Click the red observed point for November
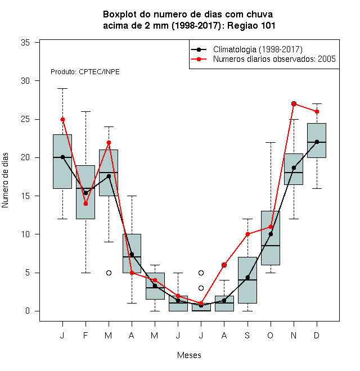[294, 103]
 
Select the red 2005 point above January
[63, 120]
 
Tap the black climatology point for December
[317, 142]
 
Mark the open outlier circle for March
[109, 273]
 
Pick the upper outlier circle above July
[201, 273]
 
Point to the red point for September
[247, 234]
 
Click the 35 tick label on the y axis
[25, 43]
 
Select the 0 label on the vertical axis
[28, 311]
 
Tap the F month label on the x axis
[85, 335]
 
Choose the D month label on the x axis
[317, 335]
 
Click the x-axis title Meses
[189, 355]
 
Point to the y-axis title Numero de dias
[5, 180]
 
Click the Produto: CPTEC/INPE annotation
[85, 72]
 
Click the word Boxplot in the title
[120, 15]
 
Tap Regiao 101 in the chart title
[251, 25]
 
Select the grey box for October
[271, 238]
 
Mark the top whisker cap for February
[85, 111]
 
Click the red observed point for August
[224, 265]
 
